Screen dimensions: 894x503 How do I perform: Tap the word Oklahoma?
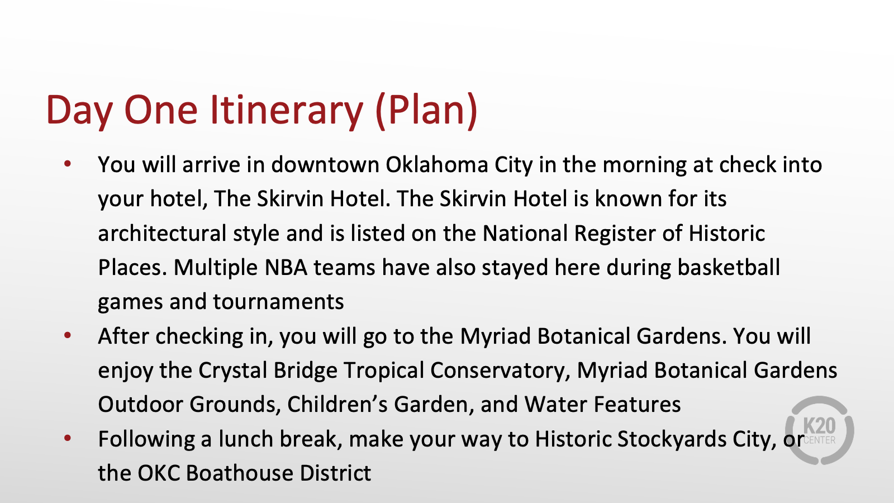pos(436,164)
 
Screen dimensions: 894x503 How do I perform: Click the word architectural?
pos(162,233)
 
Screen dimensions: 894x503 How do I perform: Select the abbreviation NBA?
pos(286,268)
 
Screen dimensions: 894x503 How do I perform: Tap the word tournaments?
pos(278,302)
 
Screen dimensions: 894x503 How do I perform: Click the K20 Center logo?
pos(819,430)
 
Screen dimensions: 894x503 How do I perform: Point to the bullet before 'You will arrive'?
pos(68,164)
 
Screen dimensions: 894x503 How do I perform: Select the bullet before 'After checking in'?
pos(68,335)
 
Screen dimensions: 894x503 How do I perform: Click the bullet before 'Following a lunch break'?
pos(68,438)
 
